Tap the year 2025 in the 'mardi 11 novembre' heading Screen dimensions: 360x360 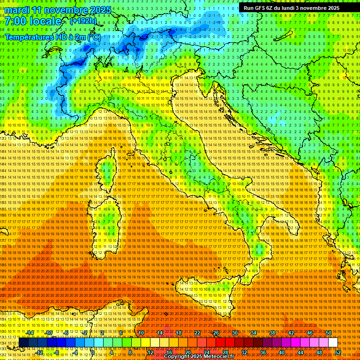(99, 10)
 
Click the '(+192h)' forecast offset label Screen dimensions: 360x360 (83, 21)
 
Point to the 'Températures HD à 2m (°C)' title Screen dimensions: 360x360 (52, 37)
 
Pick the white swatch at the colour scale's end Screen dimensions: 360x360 (332, 343)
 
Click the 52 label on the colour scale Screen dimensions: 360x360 (338, 352)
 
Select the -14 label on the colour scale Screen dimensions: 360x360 (30, 333)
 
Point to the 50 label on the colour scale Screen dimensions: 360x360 (329, 333)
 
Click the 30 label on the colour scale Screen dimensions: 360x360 (235, 333)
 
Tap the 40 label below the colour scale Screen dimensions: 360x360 (281, 352)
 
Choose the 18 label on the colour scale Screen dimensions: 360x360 (178, 333)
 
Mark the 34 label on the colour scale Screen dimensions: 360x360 (254, 333)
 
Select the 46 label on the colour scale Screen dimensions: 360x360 (310, 333)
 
